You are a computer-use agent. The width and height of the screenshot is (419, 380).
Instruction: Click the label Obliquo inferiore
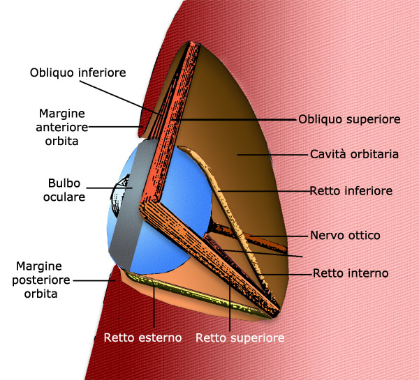78,73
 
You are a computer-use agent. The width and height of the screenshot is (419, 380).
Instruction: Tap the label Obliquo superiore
349,119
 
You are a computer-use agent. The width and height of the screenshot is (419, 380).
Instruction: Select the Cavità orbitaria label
354,154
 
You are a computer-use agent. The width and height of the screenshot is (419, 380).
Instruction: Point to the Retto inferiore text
351,191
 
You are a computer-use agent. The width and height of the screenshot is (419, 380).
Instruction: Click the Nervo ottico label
345,236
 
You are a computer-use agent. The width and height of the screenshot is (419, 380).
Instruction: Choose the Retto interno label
351,273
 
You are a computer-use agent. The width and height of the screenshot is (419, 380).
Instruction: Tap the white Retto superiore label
240,338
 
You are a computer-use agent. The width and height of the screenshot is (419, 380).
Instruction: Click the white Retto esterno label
142,337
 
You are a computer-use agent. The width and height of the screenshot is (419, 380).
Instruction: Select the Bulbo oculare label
64,190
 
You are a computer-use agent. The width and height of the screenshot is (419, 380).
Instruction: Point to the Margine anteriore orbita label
62,128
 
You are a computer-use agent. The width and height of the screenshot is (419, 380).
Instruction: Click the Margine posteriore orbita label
41,280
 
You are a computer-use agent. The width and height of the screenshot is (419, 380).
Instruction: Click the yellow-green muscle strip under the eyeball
195,294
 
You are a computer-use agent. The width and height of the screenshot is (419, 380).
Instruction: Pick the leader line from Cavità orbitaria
272,155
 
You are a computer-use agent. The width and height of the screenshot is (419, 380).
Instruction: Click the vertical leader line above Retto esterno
154,306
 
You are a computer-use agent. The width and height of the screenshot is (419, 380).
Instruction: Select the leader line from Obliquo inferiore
121,98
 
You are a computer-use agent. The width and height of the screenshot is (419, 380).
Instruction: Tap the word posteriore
41,280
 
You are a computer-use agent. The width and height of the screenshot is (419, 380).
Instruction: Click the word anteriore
62,128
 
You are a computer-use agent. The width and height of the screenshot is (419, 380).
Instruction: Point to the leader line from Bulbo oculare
110,188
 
